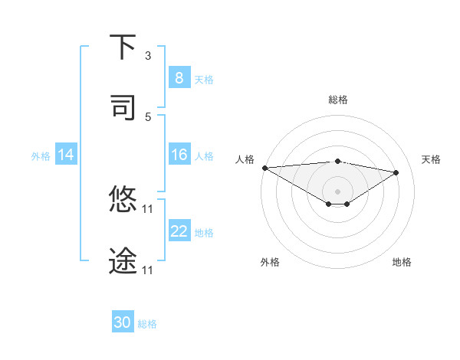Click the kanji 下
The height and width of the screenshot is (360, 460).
[123, 47]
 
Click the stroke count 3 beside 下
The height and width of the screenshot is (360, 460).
[148, 56]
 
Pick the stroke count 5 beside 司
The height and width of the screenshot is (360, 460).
[148, 116]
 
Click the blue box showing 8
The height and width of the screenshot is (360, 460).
[179, 77]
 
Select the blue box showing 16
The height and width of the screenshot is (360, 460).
[179, 155]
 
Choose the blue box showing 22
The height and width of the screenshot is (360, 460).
[179, 231]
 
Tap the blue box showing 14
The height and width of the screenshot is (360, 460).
[65, 155]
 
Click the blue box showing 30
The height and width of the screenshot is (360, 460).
[123, 322]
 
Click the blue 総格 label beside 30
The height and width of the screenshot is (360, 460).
[147, 324]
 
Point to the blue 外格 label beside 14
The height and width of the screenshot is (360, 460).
[41, 155]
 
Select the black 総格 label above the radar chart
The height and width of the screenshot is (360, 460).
[338, 100]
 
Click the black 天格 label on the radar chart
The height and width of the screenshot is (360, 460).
[431, 159]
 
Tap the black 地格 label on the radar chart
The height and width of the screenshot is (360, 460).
[402, 262]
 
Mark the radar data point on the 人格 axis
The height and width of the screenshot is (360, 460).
[264, 168]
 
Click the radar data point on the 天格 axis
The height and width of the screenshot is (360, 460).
[396, 172]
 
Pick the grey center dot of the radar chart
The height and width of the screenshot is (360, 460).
[337, 191]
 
